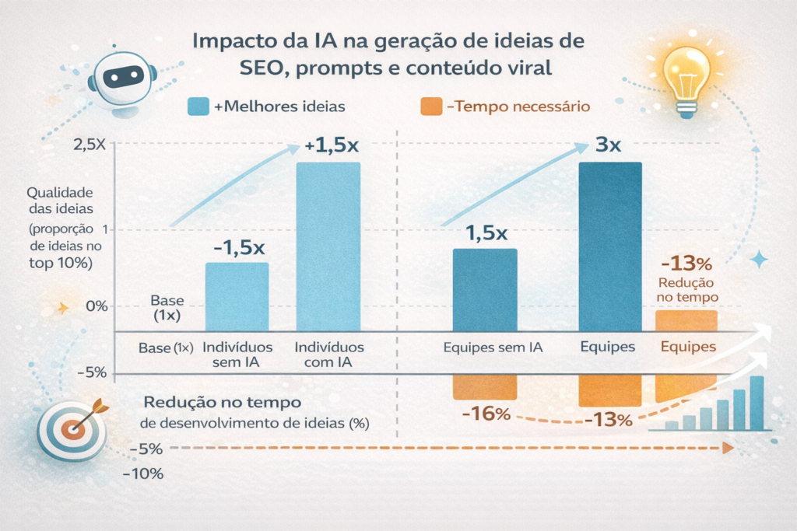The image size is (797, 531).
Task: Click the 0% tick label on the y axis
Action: [92, 306]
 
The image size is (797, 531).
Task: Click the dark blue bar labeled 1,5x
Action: [484, 290]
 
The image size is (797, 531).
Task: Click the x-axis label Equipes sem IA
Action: [493, 348]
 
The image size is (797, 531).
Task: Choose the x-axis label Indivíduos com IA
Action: [329, 355]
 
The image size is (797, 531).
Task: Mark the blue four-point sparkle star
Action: [759, 259]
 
